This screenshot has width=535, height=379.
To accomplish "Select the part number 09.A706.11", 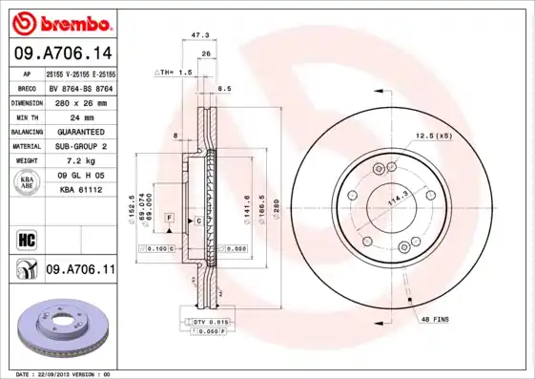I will coord(80,271).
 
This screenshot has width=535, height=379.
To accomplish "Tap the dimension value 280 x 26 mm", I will coord(79,101).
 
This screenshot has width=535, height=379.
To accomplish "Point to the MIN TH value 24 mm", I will coord(80,116).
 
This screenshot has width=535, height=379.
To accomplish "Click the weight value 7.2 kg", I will coord(80,161).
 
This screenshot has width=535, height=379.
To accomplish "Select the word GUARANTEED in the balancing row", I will coord(80,131).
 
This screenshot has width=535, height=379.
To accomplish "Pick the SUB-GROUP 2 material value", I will coord(80,146).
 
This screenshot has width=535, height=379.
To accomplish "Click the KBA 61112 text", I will coord(80,191).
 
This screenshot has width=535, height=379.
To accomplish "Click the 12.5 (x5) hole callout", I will coord(432,136).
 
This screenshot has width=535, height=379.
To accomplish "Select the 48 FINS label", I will coord(434,320).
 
